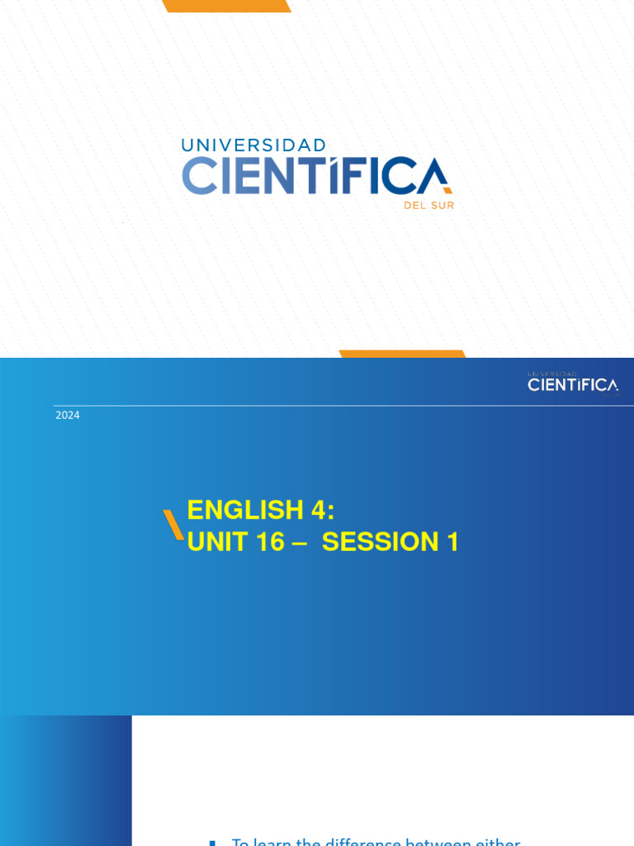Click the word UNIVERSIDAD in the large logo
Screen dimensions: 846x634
tap(253, 145)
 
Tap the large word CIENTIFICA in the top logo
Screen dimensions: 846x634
tap(316, 176)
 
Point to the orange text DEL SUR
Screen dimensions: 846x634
tap(428, 206)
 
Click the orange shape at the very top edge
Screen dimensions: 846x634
tap(227, 6)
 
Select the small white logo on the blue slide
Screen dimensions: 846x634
tap(573, 383)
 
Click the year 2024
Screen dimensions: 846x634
tap(68, 415)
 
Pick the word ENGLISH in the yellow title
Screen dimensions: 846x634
tap(245, 510)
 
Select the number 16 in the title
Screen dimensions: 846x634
tap(269, 542)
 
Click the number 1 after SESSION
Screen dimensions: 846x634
tap(452, 542)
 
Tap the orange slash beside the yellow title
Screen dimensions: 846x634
tap(173, 525)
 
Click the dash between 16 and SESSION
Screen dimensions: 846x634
tap(300, 543)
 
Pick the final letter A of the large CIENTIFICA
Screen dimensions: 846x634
tap(433, 176)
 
